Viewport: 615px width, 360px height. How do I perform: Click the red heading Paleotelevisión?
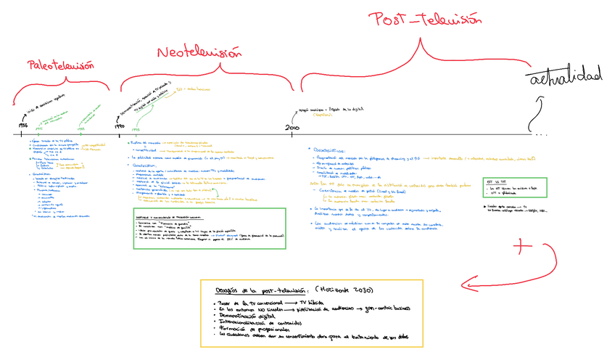point(61,65)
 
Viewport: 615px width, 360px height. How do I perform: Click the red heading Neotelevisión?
point(199,53)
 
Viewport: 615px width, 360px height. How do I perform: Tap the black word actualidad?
point(565,76)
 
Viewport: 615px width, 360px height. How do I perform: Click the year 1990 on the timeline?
point(120,126)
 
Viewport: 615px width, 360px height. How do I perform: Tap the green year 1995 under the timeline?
point(136,129)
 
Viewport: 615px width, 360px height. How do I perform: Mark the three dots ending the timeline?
point(541,134)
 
